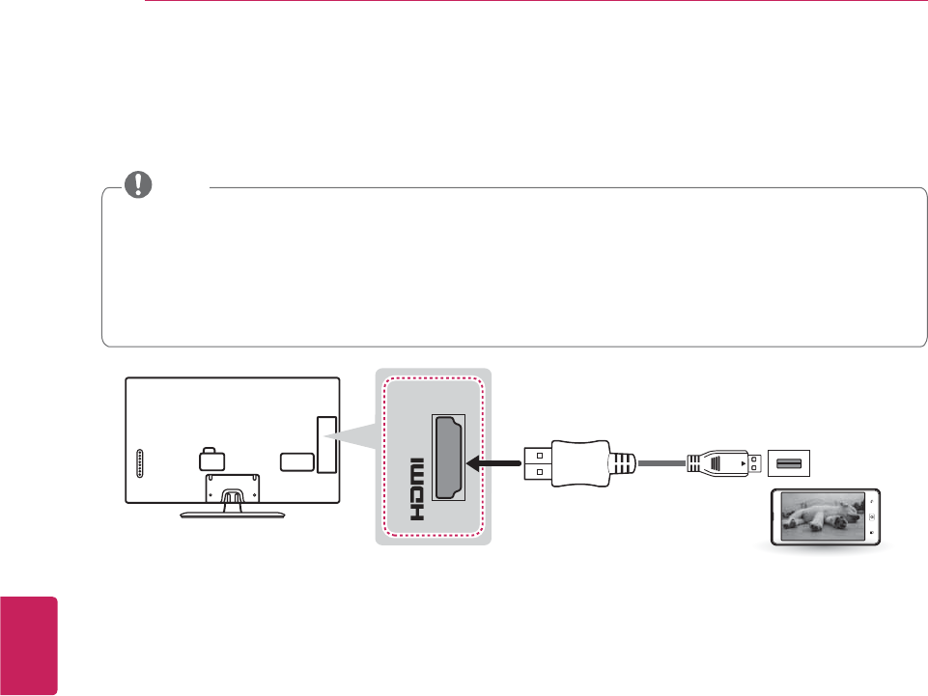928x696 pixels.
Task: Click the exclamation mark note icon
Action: coord(143,184)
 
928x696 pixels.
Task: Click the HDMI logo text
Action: coord(415,488)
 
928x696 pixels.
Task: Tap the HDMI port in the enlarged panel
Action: coord(447,458)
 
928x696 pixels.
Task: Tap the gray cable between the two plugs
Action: coord(661,463)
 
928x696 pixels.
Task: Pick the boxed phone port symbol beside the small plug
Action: coord(788,463)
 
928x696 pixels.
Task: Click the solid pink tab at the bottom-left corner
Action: coord(29,644)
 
